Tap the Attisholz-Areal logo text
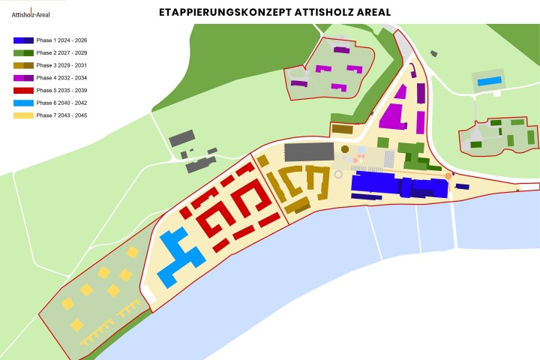[27, 13]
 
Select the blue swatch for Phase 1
[22, 40]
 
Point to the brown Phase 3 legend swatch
[22, 66]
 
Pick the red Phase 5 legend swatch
[22, 91]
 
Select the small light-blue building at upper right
[490, 80]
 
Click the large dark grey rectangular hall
[309, 151]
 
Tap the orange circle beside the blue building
[448, 176]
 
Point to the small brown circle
[345, 150]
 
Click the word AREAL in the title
[369, 13]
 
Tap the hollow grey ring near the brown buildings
[338, 174]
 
